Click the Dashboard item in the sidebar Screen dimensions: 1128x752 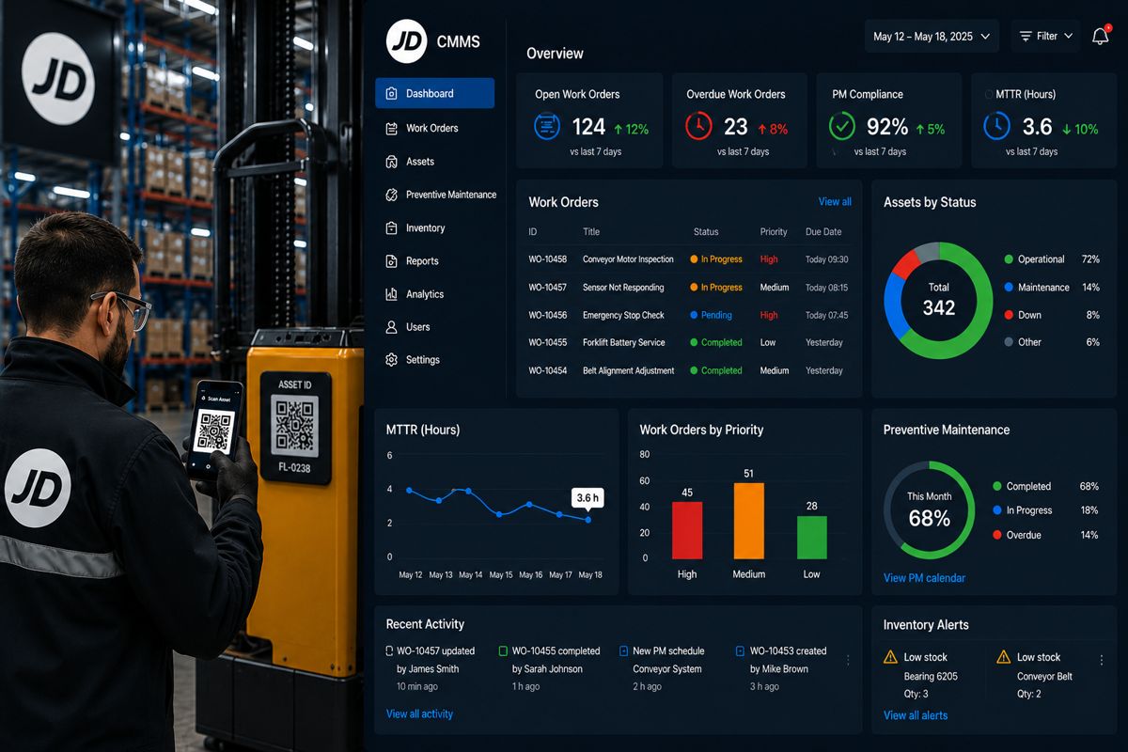(434, 93)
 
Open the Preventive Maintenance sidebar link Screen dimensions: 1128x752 (441, 195)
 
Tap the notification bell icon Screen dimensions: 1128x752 (1101, 36)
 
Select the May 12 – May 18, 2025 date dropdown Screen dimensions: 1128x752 (932, 37)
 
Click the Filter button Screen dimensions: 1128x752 (1045, 37)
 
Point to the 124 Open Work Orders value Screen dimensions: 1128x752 (588, 126)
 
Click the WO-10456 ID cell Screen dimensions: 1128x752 (547, 315)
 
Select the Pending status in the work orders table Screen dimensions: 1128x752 (711, 315)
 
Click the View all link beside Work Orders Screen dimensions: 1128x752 (835, 202)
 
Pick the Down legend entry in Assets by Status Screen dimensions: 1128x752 (1024, 315)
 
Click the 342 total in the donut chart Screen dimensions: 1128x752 (939, 307)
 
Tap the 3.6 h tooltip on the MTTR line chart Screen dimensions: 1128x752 (587, 497)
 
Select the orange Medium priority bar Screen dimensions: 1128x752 (749, 521)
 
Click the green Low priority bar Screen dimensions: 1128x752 (812, 538)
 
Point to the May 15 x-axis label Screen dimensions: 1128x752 (501, 574)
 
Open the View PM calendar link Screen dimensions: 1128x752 (925, 578)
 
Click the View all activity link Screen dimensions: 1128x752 (419, 713)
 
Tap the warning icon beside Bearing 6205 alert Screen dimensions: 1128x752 (890, 657)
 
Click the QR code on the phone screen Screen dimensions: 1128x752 (214, 431)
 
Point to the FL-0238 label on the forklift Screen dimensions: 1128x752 (294, 467)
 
